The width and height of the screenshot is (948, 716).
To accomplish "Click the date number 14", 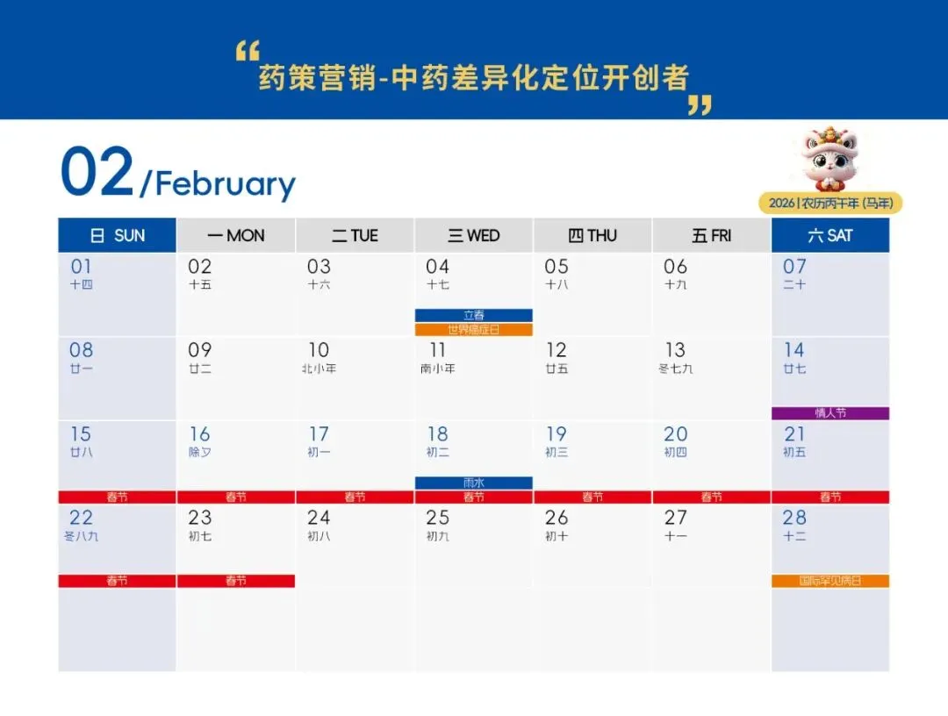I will pyautogui.click(x=794, y=350).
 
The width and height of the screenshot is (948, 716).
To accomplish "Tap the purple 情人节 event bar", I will pyautogui.click(x=830, y=413).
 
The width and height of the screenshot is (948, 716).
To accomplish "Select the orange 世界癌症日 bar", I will pyautogui.click(x=474, y=330).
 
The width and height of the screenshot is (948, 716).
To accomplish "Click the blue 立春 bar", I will pyautogui.click(x=474, y=315).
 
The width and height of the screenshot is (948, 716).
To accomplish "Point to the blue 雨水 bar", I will pyautogui.click(x=474, y=483).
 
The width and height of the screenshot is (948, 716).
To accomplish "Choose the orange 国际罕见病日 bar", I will pyautogui.click(x=830, y=581).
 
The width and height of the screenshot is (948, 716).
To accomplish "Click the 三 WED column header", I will pyautogui.click(x=474, y=235).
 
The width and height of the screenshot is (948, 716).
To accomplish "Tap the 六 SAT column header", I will pyautogui.click(x=830, y=235).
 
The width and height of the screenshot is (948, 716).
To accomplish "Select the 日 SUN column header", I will pyautogui.click(x=118, y=235).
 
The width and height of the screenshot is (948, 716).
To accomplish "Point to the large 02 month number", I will pyautogui.click(x=97, y=173).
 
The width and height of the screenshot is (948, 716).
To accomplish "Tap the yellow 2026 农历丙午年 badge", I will pyautogui.click(x=830, y=204).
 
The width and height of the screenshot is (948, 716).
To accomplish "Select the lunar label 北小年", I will pyautogui.click(x=319, y=369).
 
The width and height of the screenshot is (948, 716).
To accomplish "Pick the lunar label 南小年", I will pyautogui.click(x=437, y=369).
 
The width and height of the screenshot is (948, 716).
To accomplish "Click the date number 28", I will pyautogui.click(x=794, y=518).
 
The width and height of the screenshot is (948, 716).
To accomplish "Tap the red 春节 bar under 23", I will pyautogui.click(x=236, y=581).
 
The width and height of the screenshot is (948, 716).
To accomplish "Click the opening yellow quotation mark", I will pyautogui.click(x=248, y=52).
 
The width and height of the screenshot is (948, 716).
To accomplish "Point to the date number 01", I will pyautogui.click(x=81, y=267).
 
